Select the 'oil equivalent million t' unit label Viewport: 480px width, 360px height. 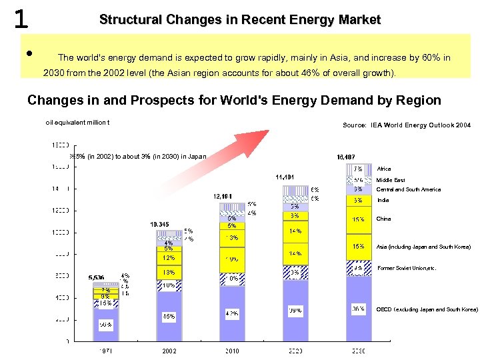tap(77, 122)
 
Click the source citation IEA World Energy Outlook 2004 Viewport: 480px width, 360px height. tap(406, 125)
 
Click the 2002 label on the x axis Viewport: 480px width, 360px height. tap(169, 351)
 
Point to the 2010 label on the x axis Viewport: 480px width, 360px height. tap(232, 351)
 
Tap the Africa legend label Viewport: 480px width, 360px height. tap(385, 169)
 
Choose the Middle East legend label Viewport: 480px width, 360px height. tap(391, 180)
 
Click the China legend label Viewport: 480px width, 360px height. tap(384, 219)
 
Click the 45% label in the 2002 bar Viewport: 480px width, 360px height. tap(169, 317)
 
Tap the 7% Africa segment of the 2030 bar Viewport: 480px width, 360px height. tap(358, 169)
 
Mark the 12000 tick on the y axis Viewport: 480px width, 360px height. tap(60, 211)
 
